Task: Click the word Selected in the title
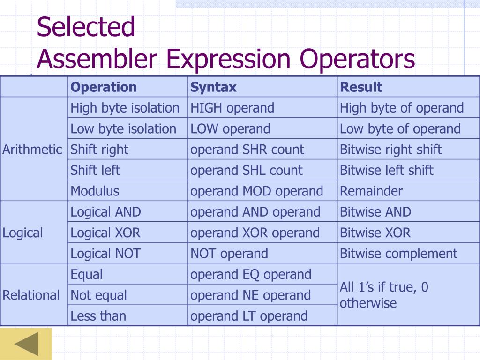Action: click(86, 27)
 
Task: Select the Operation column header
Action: click(104, 87)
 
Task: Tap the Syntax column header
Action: click(213, 87)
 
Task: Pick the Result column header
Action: click(361, 87)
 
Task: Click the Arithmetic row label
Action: click(32, 150)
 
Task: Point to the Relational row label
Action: click(31, 295)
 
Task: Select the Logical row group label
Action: click(22, 233)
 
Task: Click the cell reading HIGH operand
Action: click(232, 108)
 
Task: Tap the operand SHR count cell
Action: click(247, 150)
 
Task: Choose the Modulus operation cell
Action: click(95, 191)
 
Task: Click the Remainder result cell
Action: click(371, 191)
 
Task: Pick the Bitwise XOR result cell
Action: click(375, 233)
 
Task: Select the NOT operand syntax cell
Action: click(229, 254)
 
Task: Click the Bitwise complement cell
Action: click(398, 254)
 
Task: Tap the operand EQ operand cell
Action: click(251, 274)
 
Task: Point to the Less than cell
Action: click(98, 316)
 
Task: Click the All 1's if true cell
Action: click(384, 295)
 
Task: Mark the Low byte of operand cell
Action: click(400, 129)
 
